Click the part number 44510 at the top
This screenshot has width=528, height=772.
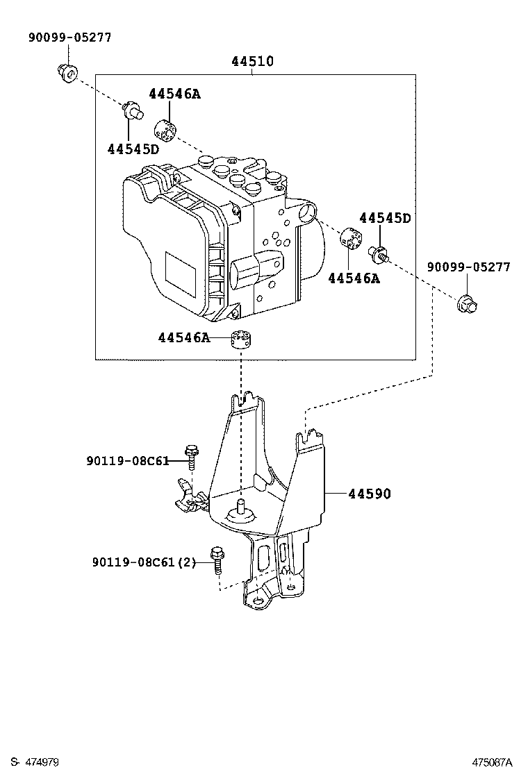tap(252, 62)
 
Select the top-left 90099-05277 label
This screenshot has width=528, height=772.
tap(69, 37)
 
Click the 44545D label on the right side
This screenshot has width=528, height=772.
tap(385, 218)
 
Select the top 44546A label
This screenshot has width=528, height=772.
tap(174, 94)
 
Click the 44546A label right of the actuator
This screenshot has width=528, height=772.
tap(354, 278)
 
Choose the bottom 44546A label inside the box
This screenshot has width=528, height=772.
tap(183, 337)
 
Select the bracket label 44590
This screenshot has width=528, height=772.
tap(370, 494)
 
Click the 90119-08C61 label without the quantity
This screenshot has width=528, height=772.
tap(127, 460)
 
